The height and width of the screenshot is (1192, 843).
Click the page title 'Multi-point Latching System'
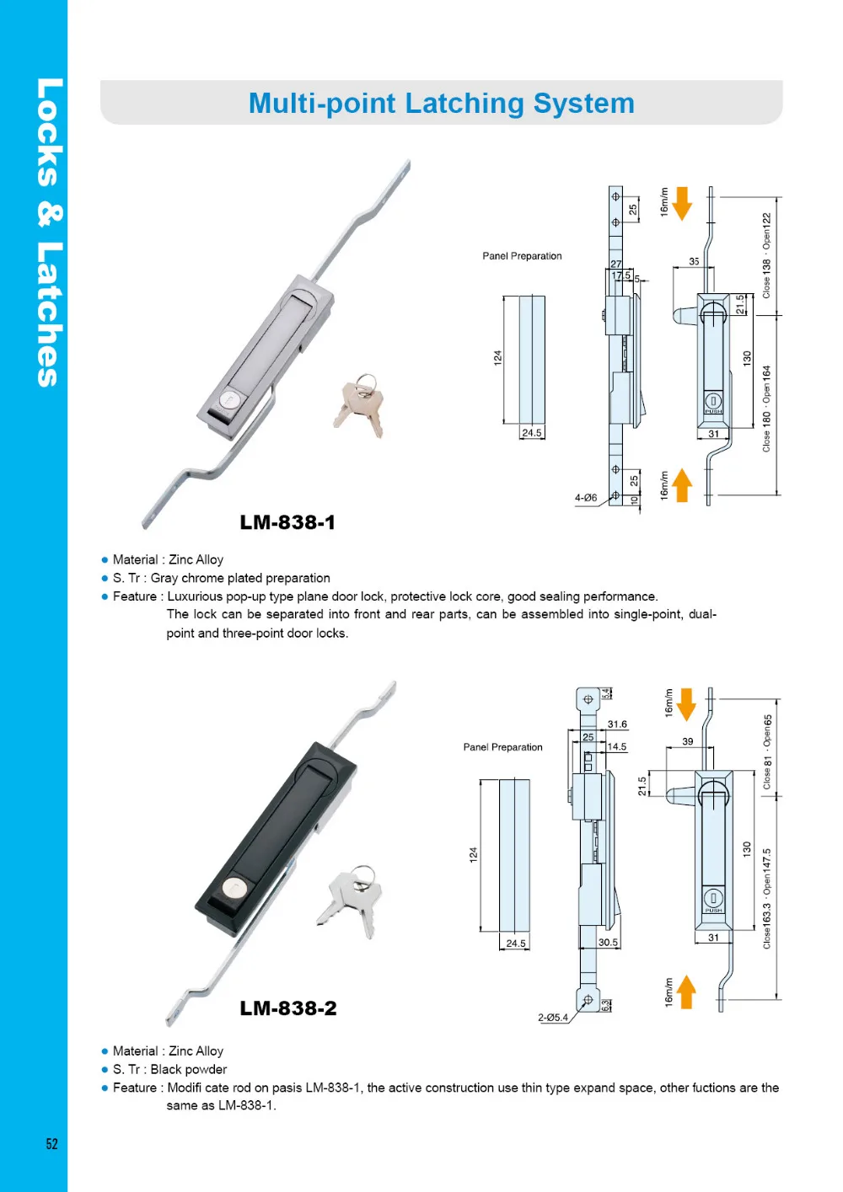(x=441, y=104)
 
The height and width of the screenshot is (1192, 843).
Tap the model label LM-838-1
(x=287, y=522)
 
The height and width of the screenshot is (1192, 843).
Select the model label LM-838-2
(x=288, y=1008)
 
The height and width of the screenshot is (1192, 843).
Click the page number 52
(x=52, y=1143)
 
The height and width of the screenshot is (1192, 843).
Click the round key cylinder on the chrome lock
(x=229, y=400)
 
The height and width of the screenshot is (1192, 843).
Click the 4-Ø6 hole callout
(x=586, y=498)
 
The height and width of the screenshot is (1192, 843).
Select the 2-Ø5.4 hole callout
(x=553, y=1018)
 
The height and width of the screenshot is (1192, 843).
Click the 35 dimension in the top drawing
(x=694, y=261)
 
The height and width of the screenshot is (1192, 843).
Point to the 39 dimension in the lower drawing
(x=688, y=741)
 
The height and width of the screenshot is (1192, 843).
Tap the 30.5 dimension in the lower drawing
(x=608, y=943)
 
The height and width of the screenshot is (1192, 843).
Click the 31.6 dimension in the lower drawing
(x=617, y=724)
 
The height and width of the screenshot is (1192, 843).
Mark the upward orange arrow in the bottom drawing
(x=686, y=992)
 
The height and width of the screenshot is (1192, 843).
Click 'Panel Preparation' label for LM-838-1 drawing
(x=522, y=256)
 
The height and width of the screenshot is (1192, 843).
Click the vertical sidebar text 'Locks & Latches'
(x=48, y=233)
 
